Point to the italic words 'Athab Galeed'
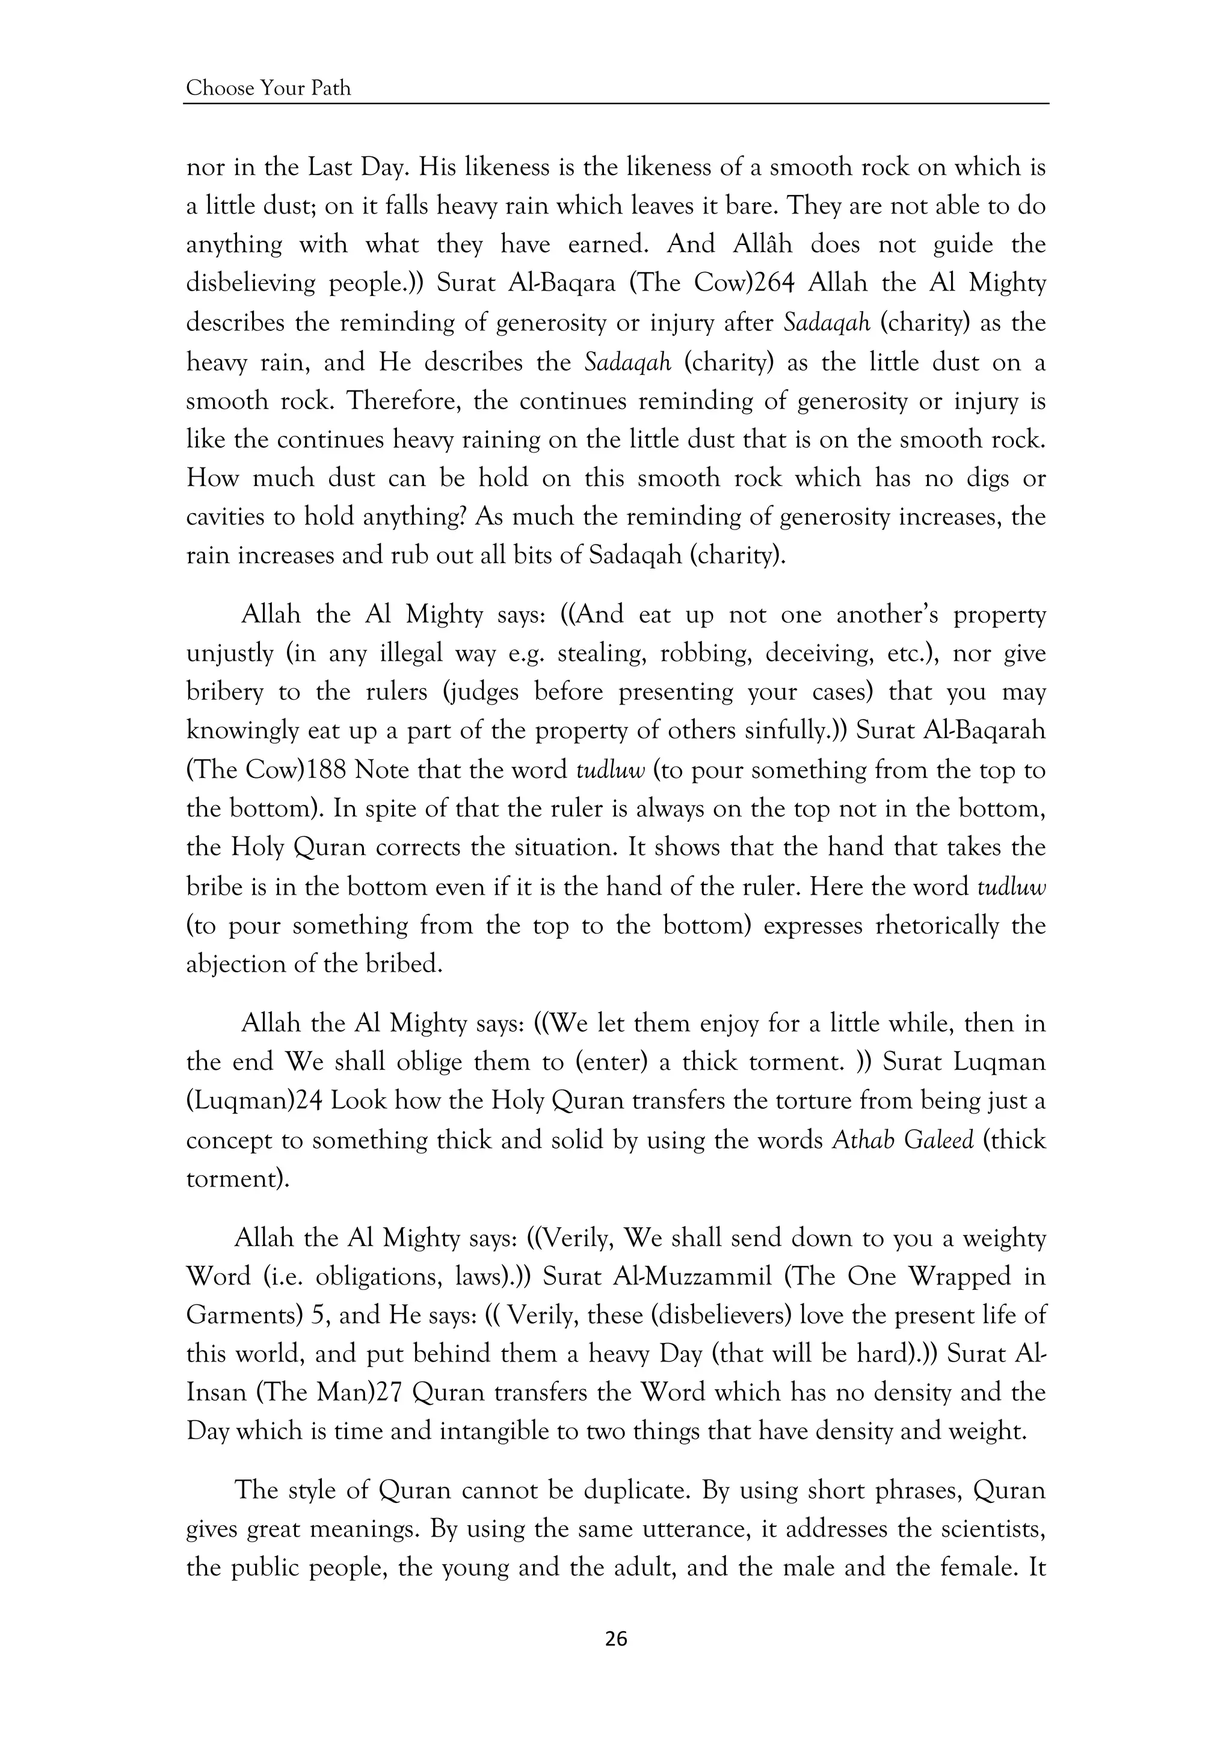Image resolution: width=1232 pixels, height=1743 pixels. click(x=902, y=1140)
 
